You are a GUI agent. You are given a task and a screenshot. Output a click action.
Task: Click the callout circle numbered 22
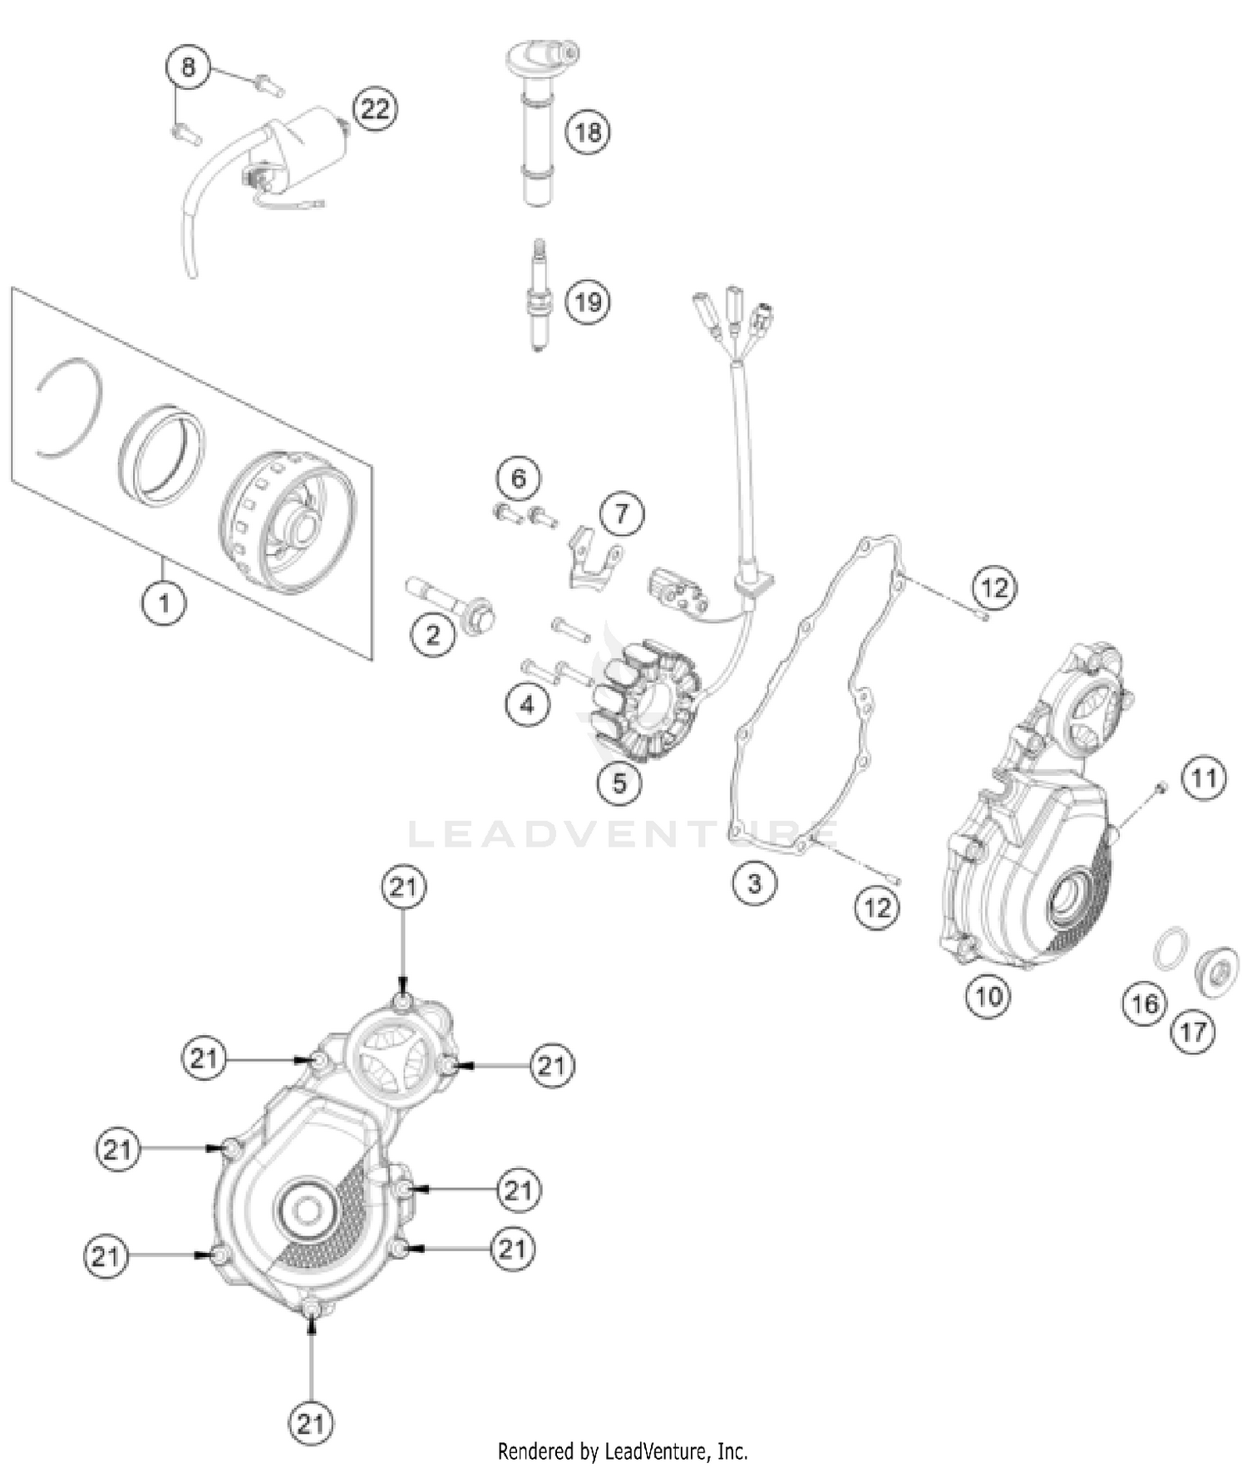click(375, 109)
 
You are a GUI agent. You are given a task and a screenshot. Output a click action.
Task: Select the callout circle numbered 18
click(588, 131)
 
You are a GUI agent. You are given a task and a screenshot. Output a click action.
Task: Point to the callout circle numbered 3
click(754, 882)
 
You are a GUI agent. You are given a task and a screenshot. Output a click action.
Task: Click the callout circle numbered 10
click(988, 994)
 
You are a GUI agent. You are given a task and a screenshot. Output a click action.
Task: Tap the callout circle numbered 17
click(1193, 1032)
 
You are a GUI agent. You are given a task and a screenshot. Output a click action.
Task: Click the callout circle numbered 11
click(1204, 778)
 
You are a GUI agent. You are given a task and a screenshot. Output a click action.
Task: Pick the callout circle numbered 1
click(164, 602)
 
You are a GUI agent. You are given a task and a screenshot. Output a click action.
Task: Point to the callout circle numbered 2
click(432, 636)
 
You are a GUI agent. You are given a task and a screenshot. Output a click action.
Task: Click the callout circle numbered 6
click(518, 478)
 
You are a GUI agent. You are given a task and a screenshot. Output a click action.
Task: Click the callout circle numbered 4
click(527, 705)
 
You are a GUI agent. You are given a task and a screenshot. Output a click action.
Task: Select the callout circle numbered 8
click(189, 66)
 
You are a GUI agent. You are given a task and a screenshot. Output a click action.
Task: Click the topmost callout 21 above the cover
click(403, 886)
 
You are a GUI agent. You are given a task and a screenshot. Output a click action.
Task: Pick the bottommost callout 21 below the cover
click(310, 1424)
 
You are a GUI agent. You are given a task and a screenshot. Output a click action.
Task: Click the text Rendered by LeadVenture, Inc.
click(623, 1451)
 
